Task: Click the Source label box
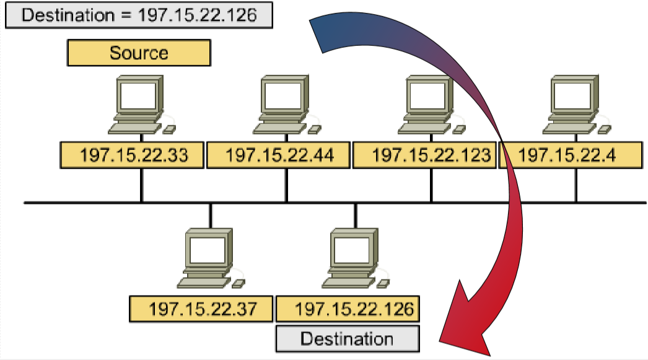(139, 53)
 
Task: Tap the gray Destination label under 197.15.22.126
(347, 339)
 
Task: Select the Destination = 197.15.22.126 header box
(139, 15)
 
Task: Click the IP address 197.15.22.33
(133, 155)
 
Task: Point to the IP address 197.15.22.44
(279, 155)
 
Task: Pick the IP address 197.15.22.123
(425, 155)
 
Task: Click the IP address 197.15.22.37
(202, 308)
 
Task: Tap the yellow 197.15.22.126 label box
(347, 308)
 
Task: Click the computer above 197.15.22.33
(139, 104)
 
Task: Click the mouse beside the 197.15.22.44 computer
(315, 129)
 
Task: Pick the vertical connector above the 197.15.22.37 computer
(211, 215)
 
